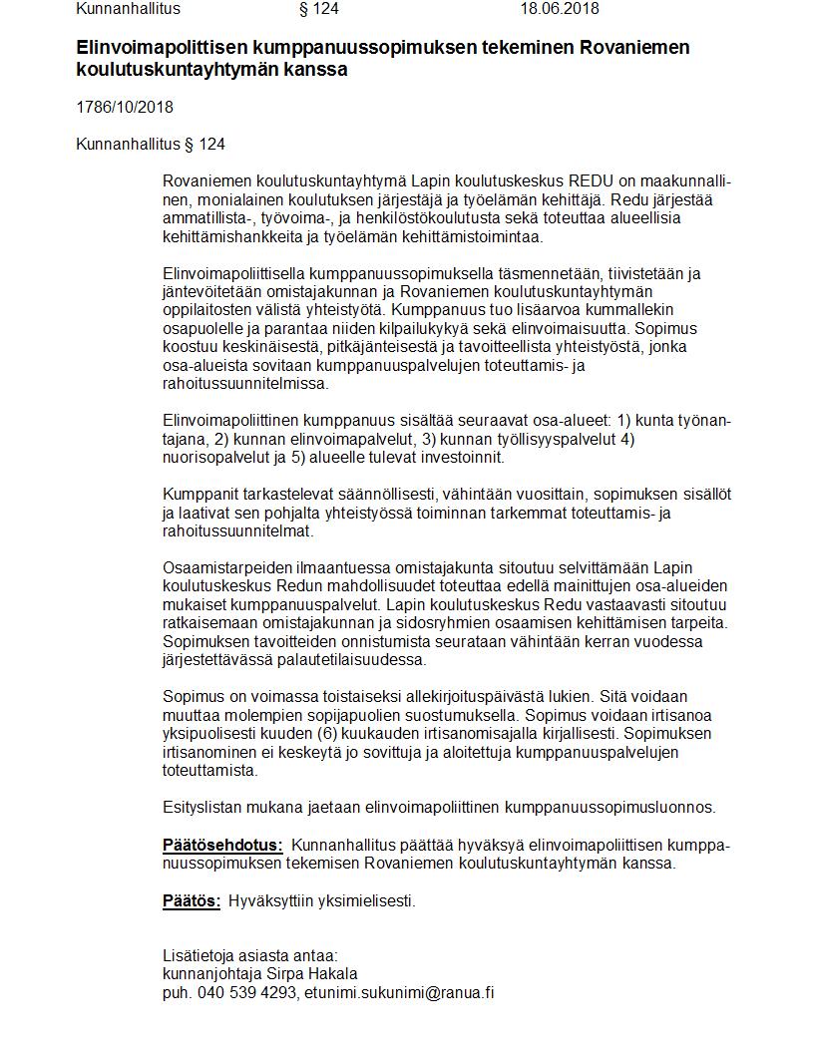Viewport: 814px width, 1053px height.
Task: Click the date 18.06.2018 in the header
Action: pyautogui.click(x=559, y=9)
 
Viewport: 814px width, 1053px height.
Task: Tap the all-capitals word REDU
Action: pyautogui.click(x=597, y=181)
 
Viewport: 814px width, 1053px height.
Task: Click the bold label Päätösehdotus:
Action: pyautogui.click(x=222, y=846)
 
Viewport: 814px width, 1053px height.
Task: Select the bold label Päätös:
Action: pyautogui.click(x=192, y=901)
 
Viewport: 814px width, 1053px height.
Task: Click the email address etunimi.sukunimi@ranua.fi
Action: pyautogui.click(x=399, y=993)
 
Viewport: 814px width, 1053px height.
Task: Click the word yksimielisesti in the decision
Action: pyautogui.click(x=365, y=901)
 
